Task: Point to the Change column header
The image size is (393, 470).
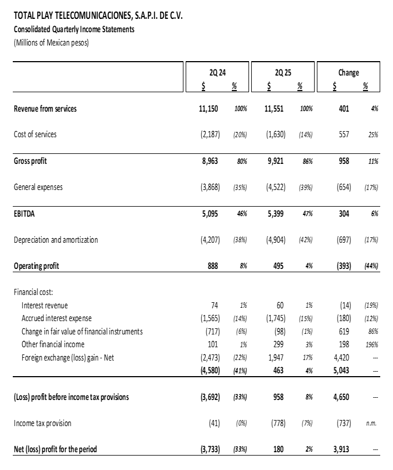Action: pos(349,72)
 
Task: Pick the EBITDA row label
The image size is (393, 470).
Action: pos(24,213)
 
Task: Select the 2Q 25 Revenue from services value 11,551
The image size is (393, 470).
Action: pos(273,109)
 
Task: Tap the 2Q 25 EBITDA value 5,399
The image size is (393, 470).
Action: pos(275,213)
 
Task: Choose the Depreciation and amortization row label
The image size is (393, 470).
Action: pos(56,240)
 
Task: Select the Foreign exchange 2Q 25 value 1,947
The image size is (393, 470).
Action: pos(275,358)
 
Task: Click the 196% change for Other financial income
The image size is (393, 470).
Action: pos(371,344)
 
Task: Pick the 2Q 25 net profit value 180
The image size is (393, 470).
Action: pos(278,449)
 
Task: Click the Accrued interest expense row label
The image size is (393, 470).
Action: pos(57,318)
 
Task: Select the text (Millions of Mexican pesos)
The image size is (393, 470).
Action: pos(51,42)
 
